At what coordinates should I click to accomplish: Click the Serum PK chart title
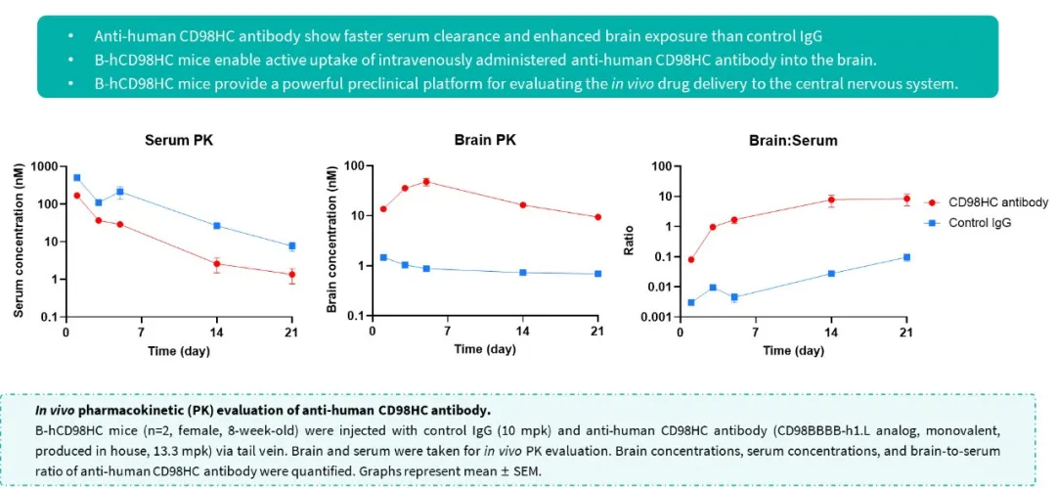point(179,140)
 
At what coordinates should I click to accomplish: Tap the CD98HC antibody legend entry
point(997,202)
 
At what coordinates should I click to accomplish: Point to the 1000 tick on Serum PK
point(41,166)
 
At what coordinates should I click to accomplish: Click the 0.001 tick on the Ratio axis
point(653,317)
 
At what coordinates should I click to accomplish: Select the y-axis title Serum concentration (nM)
point(19,241)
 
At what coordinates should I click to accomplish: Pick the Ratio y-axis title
point(631,241)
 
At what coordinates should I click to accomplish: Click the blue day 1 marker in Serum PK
point(76,178)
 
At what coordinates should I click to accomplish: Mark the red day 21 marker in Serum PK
point(291,275)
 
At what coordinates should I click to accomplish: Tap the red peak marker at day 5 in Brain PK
point(426,182)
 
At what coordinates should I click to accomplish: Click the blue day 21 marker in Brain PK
point(597,274)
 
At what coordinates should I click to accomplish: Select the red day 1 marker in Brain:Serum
point(691,259)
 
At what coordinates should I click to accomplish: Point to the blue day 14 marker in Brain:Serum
point(831,273)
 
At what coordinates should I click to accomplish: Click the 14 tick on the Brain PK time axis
point(523,331)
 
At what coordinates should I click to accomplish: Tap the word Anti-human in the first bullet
point(130,36)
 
